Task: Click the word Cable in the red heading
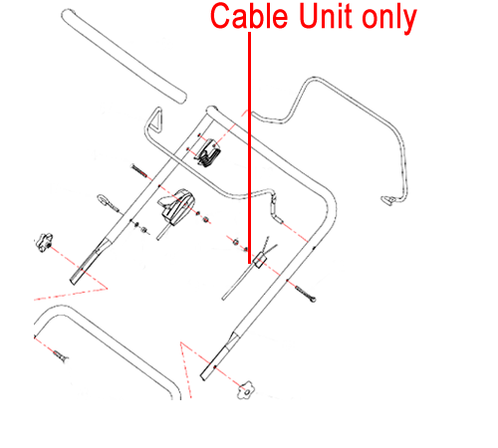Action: (249, 16)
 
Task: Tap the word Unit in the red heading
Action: (326, 16)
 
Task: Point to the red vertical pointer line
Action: (249, 147)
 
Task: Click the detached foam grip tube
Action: (124, 57)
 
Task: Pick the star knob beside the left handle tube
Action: (44, 242)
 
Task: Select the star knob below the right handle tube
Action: (246, 390)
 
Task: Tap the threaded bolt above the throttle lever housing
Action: (139, 170)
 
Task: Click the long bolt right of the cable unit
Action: (305, 294)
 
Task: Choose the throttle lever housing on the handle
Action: (176, 206)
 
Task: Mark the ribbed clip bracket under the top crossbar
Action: (209, 153)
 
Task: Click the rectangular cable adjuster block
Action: (259, 260)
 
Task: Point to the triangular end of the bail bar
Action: (155, 119)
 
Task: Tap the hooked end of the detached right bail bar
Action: (389, 200)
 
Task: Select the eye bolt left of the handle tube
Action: (107, 202)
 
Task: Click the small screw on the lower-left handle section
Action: (60, 355)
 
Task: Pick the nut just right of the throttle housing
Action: (205, 219)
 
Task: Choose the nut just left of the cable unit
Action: (235, 242)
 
